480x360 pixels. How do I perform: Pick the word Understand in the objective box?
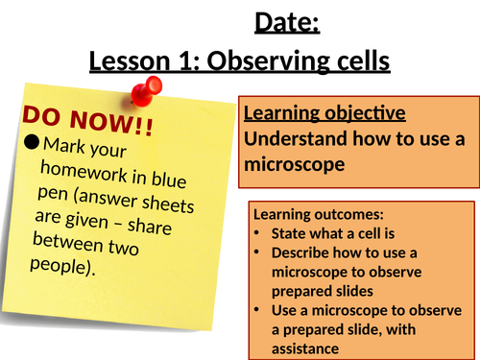tap(293, 137)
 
